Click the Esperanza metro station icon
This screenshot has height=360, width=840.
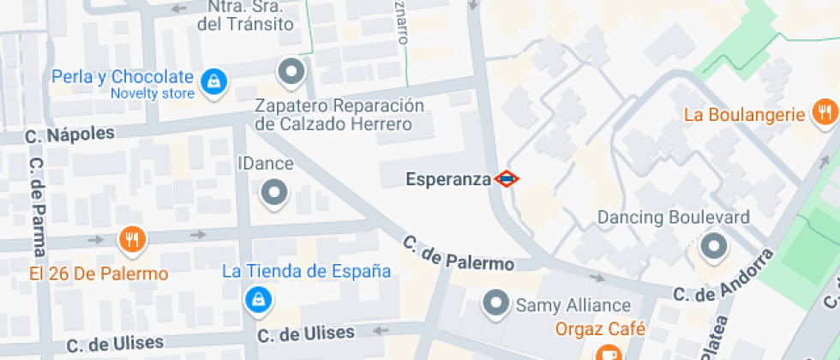tap(507, 179)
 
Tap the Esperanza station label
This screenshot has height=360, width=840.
tap(448, 179)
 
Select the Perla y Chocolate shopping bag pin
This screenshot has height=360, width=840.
tap(212, 81)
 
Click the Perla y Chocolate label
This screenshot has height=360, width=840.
tap(122, 76)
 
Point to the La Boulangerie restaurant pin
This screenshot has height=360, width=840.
tap(825, 112)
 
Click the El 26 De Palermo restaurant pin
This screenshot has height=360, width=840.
tap(130, 239)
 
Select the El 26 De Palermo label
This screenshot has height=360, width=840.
tap(99, 274)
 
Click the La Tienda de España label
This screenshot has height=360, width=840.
tap(306, 272)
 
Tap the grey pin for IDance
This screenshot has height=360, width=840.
tap(274, 193)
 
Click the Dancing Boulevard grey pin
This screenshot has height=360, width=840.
tap(712, 248)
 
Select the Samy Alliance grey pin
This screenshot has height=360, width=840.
tap(495, 303)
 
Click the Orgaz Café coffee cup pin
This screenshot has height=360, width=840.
tap(608, 352)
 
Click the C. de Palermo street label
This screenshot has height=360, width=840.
tap(458, 255)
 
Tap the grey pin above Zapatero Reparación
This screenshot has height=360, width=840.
tap(293, 72)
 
